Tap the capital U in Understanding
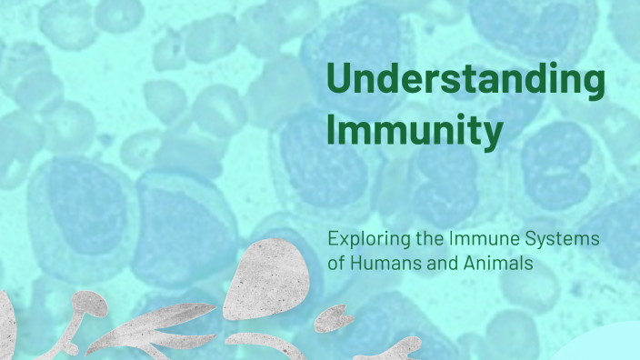pos(340,81)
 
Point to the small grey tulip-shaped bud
pos(335,316)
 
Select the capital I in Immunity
pos(333,132)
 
